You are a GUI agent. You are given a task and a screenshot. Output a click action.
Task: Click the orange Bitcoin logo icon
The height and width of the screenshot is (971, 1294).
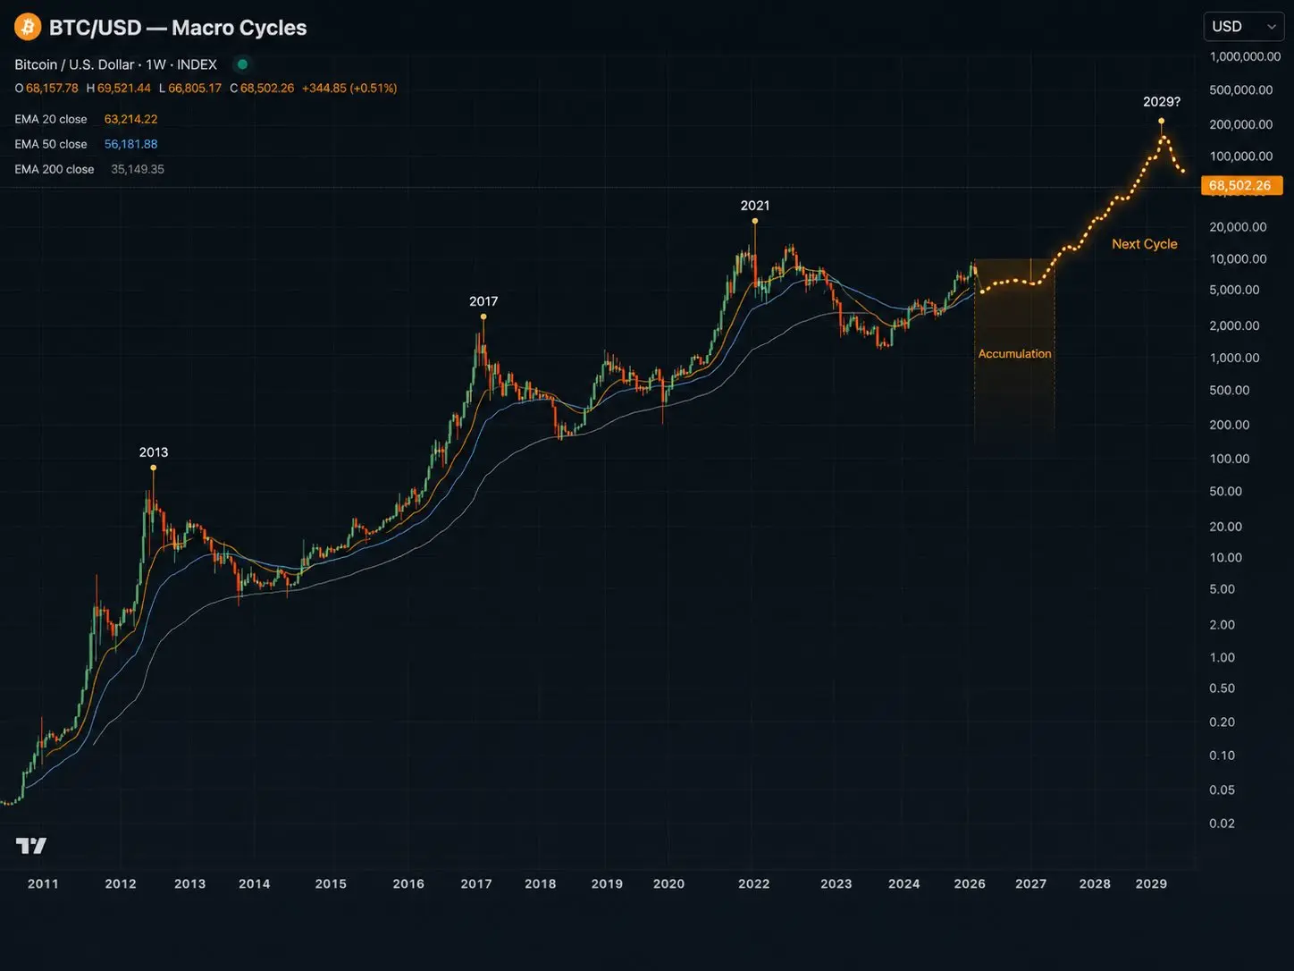click(28, 27)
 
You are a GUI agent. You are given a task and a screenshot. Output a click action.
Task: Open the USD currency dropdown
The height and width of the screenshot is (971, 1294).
click(1243, 27)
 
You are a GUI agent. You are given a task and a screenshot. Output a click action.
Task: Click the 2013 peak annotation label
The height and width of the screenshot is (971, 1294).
click(154, 452)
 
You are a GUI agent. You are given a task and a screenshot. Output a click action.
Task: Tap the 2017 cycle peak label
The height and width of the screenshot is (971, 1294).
click(483, 301)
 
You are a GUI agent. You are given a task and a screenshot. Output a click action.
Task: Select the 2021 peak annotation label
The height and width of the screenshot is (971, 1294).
click(754, 206)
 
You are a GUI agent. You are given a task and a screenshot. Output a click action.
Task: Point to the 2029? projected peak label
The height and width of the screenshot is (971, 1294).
click(1162, 102)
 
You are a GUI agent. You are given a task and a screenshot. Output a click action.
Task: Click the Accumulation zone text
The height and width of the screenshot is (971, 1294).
click(1014, 354)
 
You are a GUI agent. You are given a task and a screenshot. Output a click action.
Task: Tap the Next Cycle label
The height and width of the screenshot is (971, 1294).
click(1144, 244)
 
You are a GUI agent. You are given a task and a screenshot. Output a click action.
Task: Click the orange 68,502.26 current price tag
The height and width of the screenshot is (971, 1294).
click(1241, 185)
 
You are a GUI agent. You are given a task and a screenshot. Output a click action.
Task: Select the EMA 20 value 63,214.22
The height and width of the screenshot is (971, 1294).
click(130, 119)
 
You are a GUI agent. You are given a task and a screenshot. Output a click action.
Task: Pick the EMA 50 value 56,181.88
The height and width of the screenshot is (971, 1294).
click(130, 144)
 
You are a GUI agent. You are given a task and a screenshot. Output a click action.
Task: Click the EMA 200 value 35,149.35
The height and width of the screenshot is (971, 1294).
click(138, 169)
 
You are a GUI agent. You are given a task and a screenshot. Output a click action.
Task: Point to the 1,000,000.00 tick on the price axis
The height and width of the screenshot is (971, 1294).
click(1245, 56)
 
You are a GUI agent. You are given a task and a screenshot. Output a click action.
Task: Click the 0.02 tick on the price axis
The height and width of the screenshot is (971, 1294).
click(1222, 823)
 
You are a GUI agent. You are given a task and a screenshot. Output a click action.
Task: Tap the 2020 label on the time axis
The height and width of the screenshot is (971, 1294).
click(668, 883)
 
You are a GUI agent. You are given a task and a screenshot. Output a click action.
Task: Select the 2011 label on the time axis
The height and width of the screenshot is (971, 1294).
click(43, 883)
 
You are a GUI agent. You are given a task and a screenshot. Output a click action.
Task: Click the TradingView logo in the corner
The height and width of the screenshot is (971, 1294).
click(30, 846)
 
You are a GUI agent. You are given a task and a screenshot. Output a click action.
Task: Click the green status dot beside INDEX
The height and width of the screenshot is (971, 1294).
click(241, 64)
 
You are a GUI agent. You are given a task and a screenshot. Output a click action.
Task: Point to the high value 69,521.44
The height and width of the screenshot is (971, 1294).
click(124, 89)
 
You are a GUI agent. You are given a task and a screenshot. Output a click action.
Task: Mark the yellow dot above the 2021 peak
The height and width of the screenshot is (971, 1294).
click(754, 221)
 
